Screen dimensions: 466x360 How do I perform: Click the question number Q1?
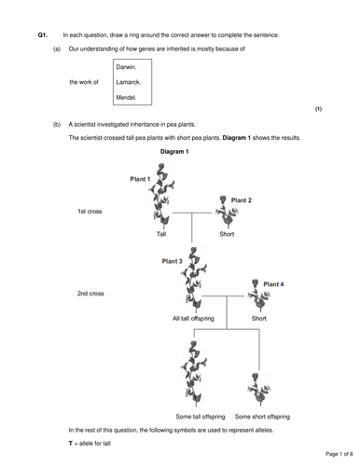point(41,34)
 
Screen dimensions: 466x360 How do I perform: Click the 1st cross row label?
point(90,212)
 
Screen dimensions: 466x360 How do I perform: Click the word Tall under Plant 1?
point(160,234)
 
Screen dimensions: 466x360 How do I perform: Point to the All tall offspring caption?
point(194,318)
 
